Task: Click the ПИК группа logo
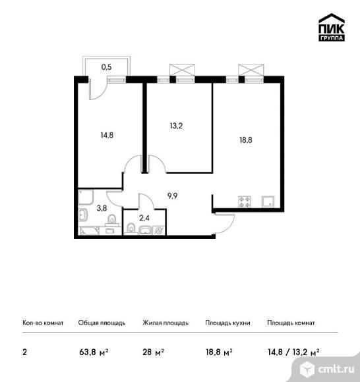332,27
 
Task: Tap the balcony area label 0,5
106,67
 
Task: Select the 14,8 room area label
107,135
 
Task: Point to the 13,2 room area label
176,126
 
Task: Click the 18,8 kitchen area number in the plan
246,140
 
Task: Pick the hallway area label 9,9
172,196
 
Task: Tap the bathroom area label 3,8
102,208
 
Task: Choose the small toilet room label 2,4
144,218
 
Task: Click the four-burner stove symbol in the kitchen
245,202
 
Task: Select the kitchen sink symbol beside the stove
268,202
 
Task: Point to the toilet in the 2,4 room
131,229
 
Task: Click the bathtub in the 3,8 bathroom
89,231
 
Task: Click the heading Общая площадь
102,323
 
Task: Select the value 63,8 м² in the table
94,352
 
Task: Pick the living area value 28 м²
154,352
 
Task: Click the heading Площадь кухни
227,323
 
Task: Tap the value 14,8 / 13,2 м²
293,352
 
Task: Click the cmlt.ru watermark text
336,369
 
